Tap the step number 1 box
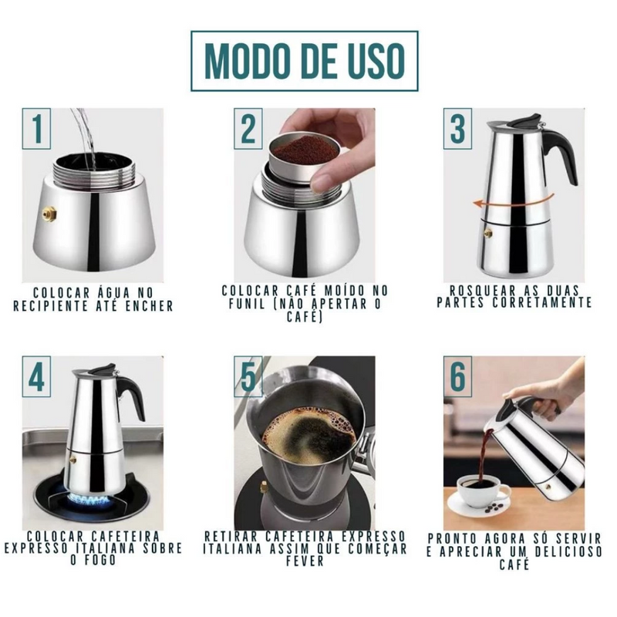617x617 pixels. (x=36, y=129)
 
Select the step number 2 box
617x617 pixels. (x=248, y=129)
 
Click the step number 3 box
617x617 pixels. (x=457, y=129)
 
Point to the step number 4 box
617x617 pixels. (x=36, y=376)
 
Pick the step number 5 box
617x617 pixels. (x=248, y=376)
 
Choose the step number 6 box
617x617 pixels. (x=457, y=376)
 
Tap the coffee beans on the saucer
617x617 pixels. (x=495, y=508)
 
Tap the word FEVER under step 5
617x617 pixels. (x=305, y=561)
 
